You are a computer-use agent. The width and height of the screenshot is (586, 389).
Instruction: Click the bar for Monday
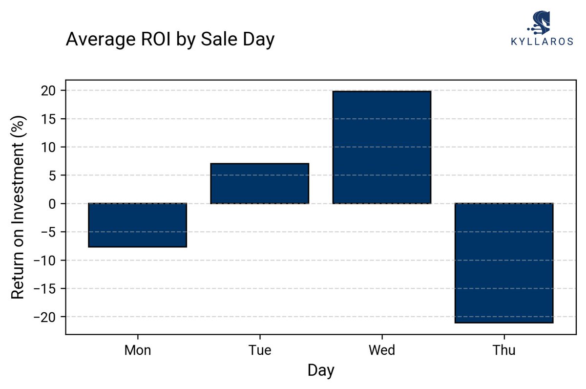[137, 225]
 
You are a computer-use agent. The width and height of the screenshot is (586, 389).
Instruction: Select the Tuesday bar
[259, 184]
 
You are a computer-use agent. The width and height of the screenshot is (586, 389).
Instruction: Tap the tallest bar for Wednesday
[381, 147]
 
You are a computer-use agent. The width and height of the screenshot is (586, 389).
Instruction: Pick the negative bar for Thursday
[503, 263]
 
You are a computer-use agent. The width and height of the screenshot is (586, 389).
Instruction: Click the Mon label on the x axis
[137, 350]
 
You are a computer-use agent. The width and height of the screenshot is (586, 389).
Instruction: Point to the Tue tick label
[259, 350]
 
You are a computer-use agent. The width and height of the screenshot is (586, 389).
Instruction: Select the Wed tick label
[381, 350]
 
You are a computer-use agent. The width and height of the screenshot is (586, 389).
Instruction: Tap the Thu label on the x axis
[503, 350]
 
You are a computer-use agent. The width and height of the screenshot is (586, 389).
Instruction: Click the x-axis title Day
[321, 370]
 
